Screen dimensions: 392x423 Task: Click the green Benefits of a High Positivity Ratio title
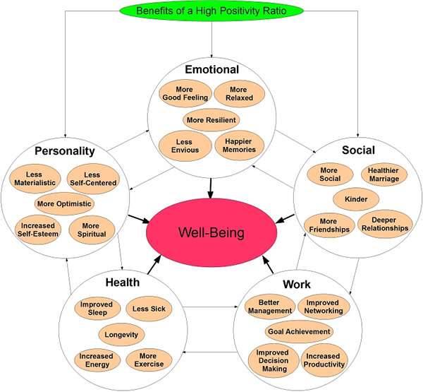[x=211, y=11]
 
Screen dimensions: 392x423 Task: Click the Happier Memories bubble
[x=238, y=144]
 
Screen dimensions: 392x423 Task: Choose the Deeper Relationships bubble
[x=383, y=224]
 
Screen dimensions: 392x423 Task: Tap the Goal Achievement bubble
[x=299, y=330]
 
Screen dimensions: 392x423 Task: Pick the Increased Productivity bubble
[x=326, y=360]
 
